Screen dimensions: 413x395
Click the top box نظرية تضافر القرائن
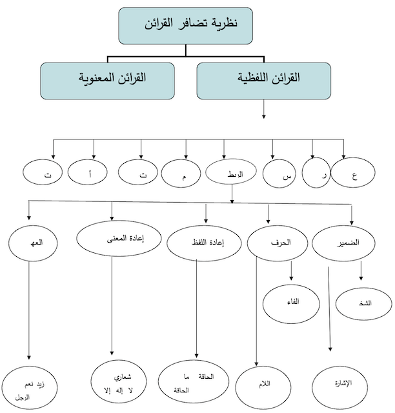pos(185,25)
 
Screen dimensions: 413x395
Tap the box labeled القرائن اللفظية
pos(265,80)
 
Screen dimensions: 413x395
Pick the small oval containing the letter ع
pos(352,175)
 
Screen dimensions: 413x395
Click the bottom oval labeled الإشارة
pos(341,385)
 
